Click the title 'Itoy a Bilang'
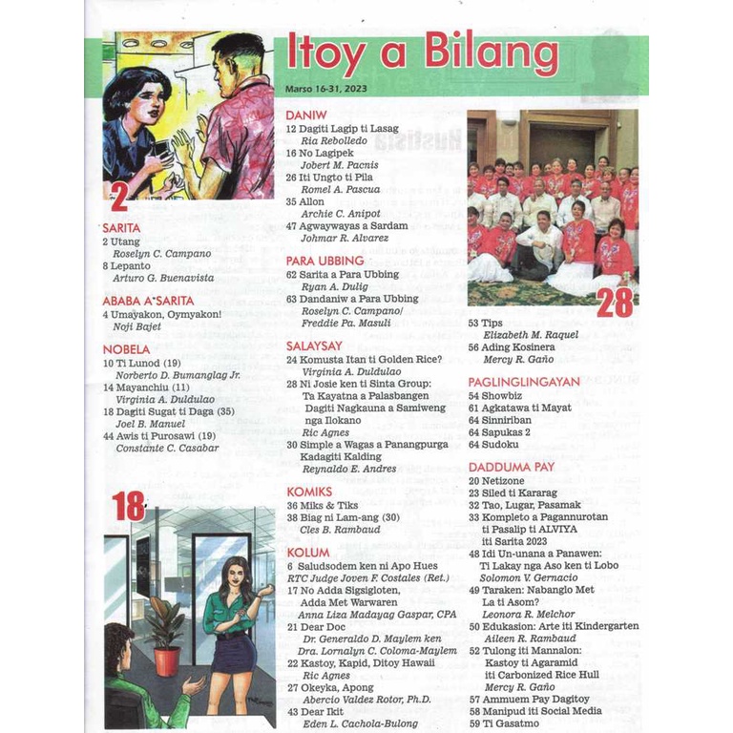(422, 56)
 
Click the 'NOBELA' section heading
(126, 349)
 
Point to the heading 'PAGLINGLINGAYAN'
(524, 381)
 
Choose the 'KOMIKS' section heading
(308, 492)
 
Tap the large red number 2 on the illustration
(119, 197)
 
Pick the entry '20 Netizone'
(498, 481)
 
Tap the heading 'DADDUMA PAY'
(512, 467)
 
